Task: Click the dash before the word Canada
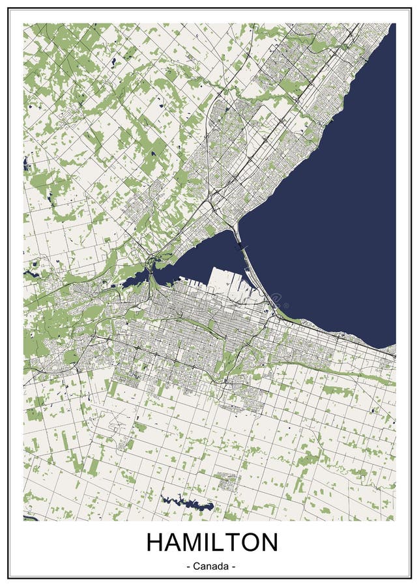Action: pyautogui.click(x=188, y=566)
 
